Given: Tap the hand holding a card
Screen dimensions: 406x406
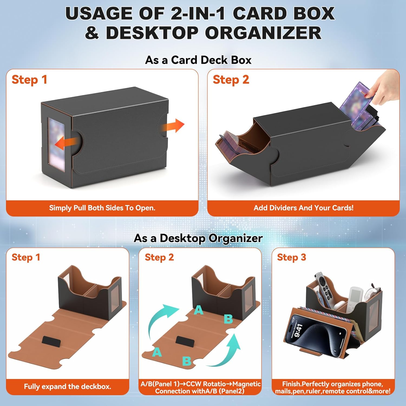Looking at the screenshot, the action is tap(385, 87).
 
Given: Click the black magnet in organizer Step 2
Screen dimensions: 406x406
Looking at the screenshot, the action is tap(185, 342).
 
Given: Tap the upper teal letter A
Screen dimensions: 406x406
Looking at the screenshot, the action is tap(199, 310).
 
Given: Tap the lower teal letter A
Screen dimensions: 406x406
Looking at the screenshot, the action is tap(157, 352).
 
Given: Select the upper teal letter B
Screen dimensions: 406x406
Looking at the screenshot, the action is tap(228, 319).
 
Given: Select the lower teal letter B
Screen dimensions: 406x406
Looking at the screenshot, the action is tap(186, 361).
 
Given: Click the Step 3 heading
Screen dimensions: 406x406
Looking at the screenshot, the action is tap(292, 257).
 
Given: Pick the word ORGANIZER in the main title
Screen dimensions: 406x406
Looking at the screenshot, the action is tap(263, 33).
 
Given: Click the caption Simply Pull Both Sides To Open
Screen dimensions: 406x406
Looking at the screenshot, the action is tap(102, 208).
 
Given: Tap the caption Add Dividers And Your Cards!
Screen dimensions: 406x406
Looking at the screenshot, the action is tap(303, 208).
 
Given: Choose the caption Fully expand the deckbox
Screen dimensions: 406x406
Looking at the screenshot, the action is tap(68, 387).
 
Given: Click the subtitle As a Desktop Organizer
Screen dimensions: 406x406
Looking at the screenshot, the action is tap(198, 238).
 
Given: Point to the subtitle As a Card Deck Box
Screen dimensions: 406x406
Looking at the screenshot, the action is tap(198, 60).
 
